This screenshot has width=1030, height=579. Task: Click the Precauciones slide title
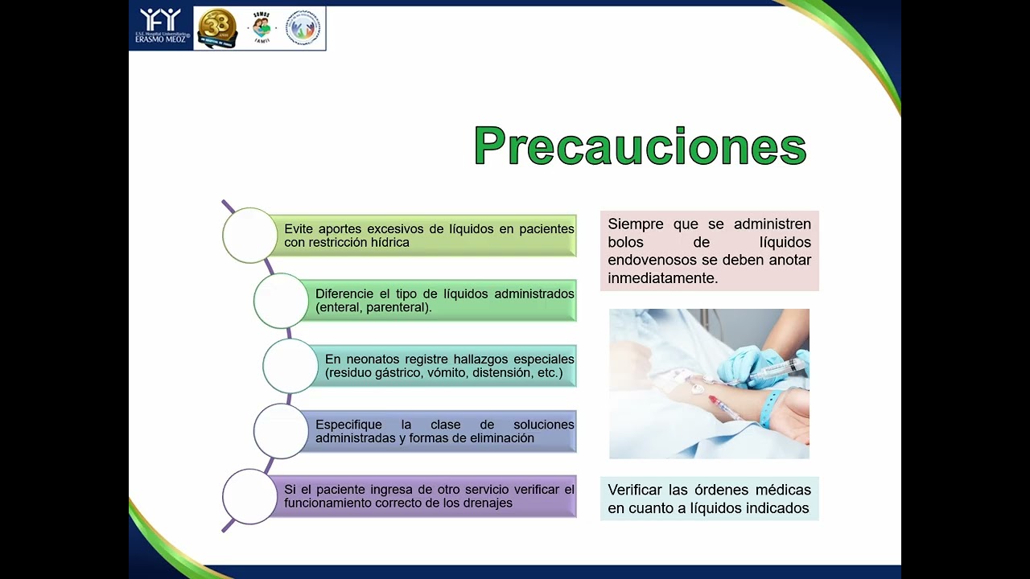click(x=640, y=146)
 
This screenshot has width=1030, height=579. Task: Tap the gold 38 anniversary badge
click(x=217, y=28)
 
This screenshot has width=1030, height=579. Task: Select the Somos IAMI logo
click(x=261, y=29)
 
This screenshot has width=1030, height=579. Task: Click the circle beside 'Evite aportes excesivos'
click(x=249, y=235)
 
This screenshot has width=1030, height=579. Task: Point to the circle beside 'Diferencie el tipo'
click(x=281, y=300)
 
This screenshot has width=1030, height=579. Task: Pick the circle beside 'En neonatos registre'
click(x=290, y=366)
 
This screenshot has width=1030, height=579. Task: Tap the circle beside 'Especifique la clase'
click(x=281, y=431)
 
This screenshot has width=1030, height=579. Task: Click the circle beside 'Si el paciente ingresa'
click(x=249, y=496)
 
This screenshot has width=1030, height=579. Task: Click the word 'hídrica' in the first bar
click(x=389, y=243)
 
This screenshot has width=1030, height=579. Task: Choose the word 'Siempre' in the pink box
click(x=636, y=224)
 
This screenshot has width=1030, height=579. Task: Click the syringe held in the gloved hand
click(x=776, y=371)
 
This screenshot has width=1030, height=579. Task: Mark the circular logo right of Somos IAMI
click(x=303, y=28)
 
